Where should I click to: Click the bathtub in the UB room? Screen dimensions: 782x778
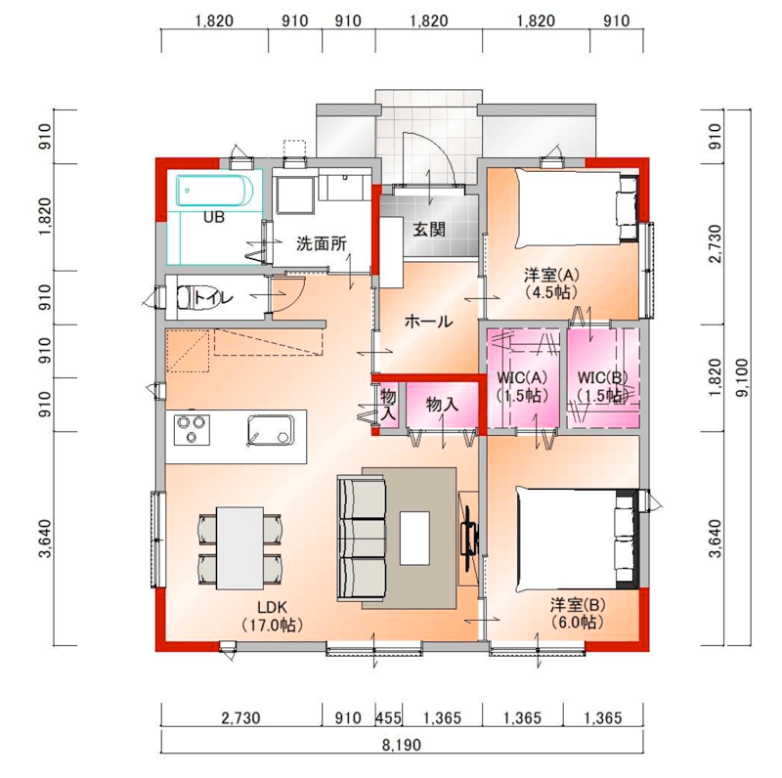tap(215, 190)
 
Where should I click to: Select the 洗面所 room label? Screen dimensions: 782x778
tap(322, 244)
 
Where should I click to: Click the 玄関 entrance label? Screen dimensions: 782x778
tap(429, 230)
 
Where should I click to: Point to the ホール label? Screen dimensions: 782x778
tap(428, 322)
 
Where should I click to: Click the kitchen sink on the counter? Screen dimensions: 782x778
tap(270, 429)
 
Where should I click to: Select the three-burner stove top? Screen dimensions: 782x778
tap(192, 429)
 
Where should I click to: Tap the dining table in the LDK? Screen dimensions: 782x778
tap(239, 548)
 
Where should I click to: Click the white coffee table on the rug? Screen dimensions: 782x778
tap(414, 539)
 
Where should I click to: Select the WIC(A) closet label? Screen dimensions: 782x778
tap(522, 377)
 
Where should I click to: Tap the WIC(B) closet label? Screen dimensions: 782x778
tap(602, 377)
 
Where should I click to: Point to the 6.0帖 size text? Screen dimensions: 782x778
tap(577, 623)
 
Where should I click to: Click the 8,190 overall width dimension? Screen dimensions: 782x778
tap(402, 745)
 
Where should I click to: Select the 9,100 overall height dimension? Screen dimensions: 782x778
tap(742, 377)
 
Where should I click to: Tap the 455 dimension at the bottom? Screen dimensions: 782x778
tap(388, 717)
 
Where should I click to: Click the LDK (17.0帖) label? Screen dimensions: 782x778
tap(273, 616)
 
